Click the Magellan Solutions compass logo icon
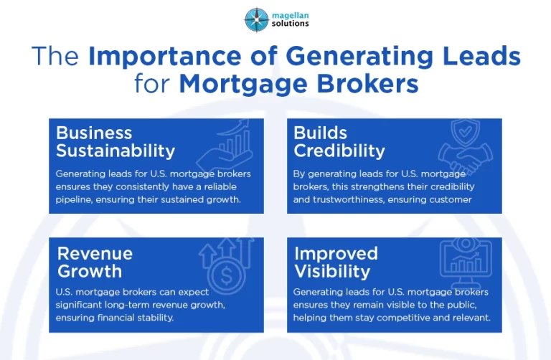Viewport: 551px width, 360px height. click(256, 19)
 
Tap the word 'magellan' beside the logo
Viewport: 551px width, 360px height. click(288, 14)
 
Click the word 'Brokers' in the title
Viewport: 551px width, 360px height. click(371, 84)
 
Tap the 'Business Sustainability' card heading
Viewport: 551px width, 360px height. click(115, 142)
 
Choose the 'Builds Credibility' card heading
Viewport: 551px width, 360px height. click(339, 142)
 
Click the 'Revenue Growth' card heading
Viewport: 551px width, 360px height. click(95, 262)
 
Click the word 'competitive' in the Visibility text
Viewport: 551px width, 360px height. click(408, 318)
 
